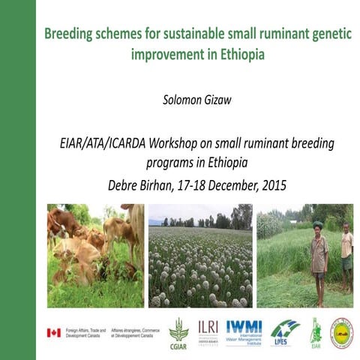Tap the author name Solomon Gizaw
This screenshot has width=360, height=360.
click(198, 97)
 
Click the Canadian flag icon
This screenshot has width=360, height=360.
click(53, 333)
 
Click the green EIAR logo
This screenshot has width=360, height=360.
click(316, 331)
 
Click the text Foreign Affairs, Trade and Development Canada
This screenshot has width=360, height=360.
click(85, 333)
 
